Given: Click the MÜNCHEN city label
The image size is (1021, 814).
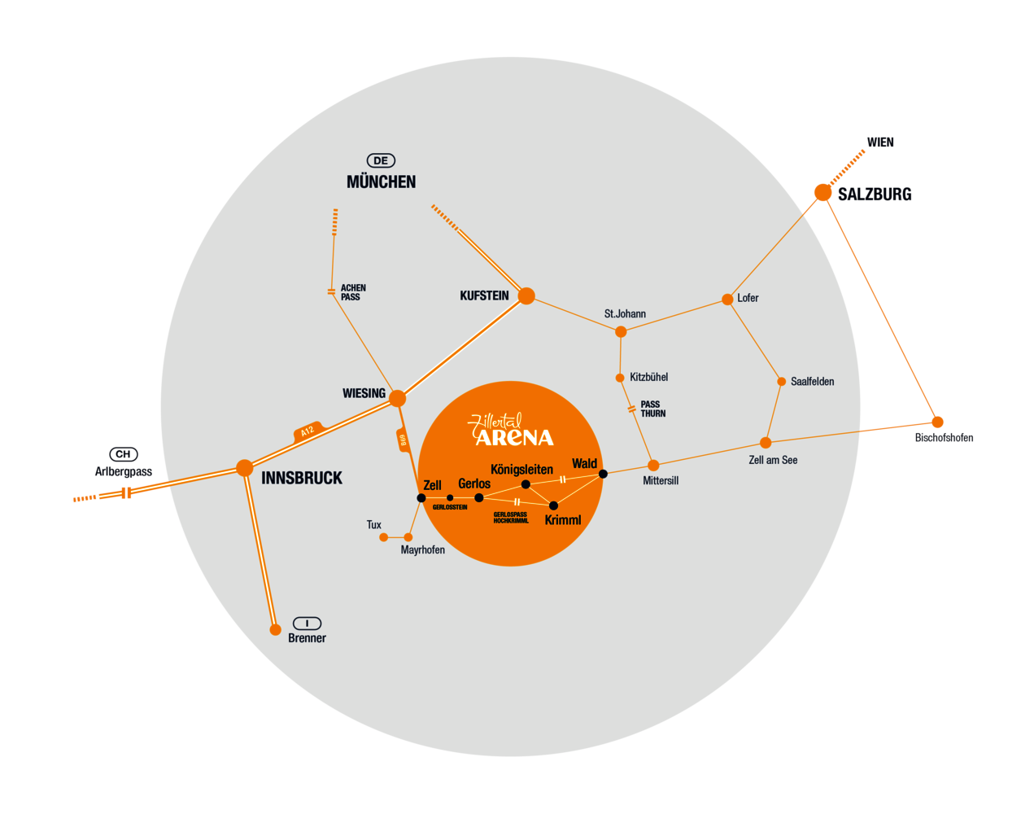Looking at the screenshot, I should click(x=381, y=182).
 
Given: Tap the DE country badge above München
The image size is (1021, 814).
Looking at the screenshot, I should click(x=381, y=160).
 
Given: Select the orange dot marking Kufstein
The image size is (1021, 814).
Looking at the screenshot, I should click(x=526, y=296).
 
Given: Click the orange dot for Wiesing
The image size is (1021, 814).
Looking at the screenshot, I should click(x=397, y=398).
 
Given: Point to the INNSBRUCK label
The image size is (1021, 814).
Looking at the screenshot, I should click(x=302, y=479).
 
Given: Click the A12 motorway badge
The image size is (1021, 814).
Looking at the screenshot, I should click(x=308, y=431).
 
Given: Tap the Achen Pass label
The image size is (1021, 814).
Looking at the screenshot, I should click(x=353, y=293).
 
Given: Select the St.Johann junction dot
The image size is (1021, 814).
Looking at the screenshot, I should click(x=621, y=331).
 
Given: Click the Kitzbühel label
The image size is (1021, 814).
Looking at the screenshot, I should click(x=648, y=378).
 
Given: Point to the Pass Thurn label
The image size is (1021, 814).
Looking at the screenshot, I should click(x=652, y=409).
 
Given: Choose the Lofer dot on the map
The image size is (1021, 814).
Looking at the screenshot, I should click(x=727, y=300).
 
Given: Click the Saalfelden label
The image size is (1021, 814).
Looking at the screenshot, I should click(x=812, y=382).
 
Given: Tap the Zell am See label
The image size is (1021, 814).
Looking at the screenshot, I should click(x=773, y=460).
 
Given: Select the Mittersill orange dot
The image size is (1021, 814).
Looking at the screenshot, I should click(x=653, y=466).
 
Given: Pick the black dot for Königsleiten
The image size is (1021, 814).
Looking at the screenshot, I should click(x=526, y=484).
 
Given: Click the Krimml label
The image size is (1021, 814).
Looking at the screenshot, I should click(x=563, y=520).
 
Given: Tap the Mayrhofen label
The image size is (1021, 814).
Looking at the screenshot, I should click(x=422, y=550).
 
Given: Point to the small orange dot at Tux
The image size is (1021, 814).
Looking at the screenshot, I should click(x=384, y=537).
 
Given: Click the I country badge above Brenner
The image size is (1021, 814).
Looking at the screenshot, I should click(x=307, y=624).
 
